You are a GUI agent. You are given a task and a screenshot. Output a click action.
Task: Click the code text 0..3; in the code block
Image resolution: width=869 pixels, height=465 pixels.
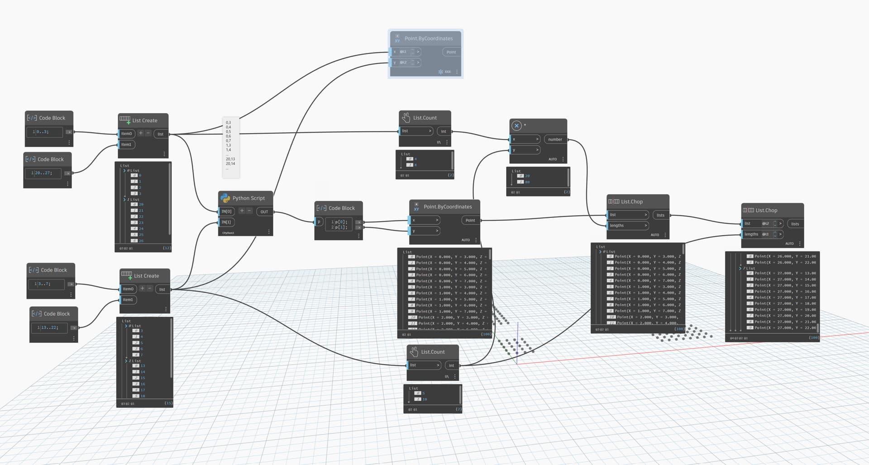[x=43, y=132]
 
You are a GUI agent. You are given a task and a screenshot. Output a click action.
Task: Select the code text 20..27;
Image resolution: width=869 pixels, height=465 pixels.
[x=44, y=173]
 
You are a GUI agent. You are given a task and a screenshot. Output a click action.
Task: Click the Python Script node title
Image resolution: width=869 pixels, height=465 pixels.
[x=248, y=198]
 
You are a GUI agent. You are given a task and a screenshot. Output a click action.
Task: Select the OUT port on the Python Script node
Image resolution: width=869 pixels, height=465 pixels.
[x=264, y=212]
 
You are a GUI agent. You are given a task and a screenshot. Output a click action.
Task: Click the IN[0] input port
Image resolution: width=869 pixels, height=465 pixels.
[x=226, y=211]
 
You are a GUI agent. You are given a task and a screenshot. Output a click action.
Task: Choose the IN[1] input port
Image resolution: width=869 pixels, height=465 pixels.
[x=226, y=222]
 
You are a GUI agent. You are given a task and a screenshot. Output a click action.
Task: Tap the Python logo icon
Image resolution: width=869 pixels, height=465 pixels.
[x=225, y=198]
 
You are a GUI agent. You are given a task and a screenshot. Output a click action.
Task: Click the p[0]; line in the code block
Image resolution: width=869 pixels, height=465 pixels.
[x=341, y=222]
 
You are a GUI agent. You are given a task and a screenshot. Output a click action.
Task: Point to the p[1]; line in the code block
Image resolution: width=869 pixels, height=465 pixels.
[x=341, y=227]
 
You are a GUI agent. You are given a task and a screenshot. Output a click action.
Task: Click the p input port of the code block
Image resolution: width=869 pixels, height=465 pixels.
[x=319, y=222]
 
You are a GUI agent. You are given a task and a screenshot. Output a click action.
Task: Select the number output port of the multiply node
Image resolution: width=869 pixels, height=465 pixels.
[x=555, y=139]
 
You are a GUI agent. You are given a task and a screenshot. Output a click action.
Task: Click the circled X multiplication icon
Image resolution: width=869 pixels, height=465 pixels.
[x=516, y=126]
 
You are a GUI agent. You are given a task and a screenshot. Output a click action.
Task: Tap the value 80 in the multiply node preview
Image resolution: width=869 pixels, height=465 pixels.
[x=527, y=182]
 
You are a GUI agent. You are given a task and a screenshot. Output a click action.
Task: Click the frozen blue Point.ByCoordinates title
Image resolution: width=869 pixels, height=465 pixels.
[x=428, y=38]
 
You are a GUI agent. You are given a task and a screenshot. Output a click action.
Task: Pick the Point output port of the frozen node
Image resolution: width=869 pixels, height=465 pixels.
[x=451, y=52]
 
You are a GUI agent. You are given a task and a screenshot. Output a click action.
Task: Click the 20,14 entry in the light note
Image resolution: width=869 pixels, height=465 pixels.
[x=230, y=164]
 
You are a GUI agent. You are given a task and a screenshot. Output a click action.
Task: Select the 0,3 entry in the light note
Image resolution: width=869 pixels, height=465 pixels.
[x=229, y=123]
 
